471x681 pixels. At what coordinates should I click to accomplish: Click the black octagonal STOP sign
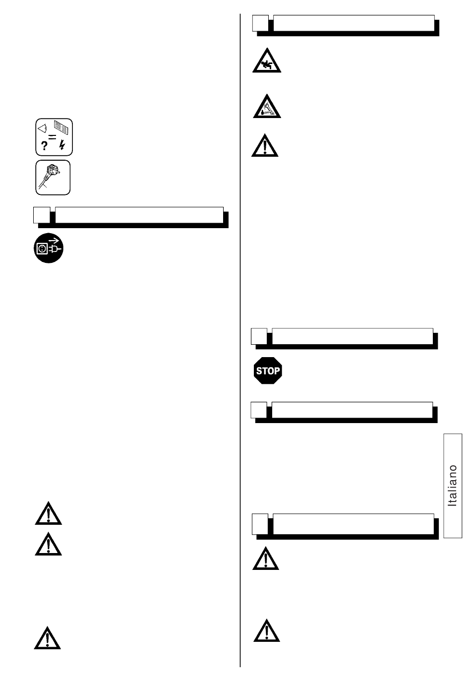pyautogui.click(x=268, y=371)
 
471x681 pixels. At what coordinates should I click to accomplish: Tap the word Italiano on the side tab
pyautogui.click(x=453, y=486)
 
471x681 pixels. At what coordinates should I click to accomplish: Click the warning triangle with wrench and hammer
pyautogui.click(x=267, y=107)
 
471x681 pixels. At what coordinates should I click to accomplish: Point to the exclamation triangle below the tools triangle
pyautogui.click(x=265, y=146)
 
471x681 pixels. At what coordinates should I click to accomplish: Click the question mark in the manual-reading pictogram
pyautogui.click(x=44, y=146)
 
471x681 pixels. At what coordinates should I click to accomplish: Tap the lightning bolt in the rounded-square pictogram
pyautogui.click(x=62, y=145)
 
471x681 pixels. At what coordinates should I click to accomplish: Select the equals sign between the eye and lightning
pyautogui.click(x=52, y=137)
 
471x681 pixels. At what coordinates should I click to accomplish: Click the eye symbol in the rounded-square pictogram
pyautogui.click(x=42, y=128)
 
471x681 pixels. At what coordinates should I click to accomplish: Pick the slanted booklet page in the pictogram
pyautogui.click(x=61, y=127)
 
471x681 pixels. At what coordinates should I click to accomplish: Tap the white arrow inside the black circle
pyautogui.click(x=54, y=241)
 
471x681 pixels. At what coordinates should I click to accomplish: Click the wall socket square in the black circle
pyautogui.click(x=42, y=248)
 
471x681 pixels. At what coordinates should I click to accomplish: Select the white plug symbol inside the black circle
pyautogui.click(x=54, y=249)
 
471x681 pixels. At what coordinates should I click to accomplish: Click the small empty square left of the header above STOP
pyautogui.click(x=259, y=336)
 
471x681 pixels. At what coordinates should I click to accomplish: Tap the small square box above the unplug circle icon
pyautogui.click(x=42, y=215)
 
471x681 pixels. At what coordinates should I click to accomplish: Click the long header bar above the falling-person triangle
pyautogui.click(x=353, y=23)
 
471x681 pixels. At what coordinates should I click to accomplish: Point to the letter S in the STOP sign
pyautogui.click(x=259, y=371)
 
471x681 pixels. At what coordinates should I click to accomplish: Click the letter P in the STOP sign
pyautogui.click(x=277, y=371)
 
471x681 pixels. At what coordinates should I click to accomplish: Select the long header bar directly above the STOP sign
pyautogui.click(x=353, y=336)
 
